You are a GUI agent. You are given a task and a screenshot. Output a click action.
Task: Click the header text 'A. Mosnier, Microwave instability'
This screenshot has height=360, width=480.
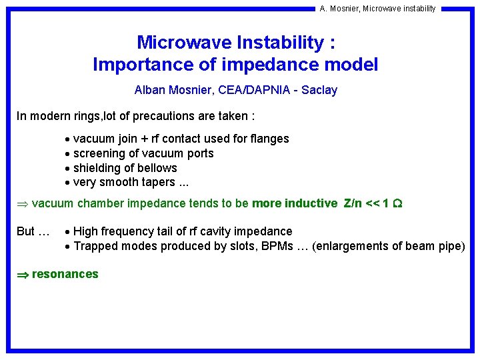pyautogui.click(x=377, y=9)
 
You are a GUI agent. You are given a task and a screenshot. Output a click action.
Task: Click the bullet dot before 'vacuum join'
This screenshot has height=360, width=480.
pyautogui.click(x=68, y=139)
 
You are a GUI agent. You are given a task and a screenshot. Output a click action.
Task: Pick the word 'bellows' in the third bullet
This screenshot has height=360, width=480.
pyautogui.click(x=157, y=168)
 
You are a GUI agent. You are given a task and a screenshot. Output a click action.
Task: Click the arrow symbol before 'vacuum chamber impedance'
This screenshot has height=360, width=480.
pyautogui.click(x=22, y=204)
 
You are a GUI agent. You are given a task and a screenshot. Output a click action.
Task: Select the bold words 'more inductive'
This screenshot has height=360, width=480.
pyautogui.click(x=295, y=203)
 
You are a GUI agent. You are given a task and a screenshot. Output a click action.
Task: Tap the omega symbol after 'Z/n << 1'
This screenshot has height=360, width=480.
pyautogui.click(x=397, y=203)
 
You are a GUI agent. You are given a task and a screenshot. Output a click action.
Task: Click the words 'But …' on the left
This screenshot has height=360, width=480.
pyautogui.click(x=33, y=231)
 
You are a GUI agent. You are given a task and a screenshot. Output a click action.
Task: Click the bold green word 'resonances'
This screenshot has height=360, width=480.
pyautogui.click(x=65, y=274)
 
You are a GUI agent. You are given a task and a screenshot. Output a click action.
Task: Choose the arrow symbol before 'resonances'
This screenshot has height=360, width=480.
pyautogui.click(x=22, y=275)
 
